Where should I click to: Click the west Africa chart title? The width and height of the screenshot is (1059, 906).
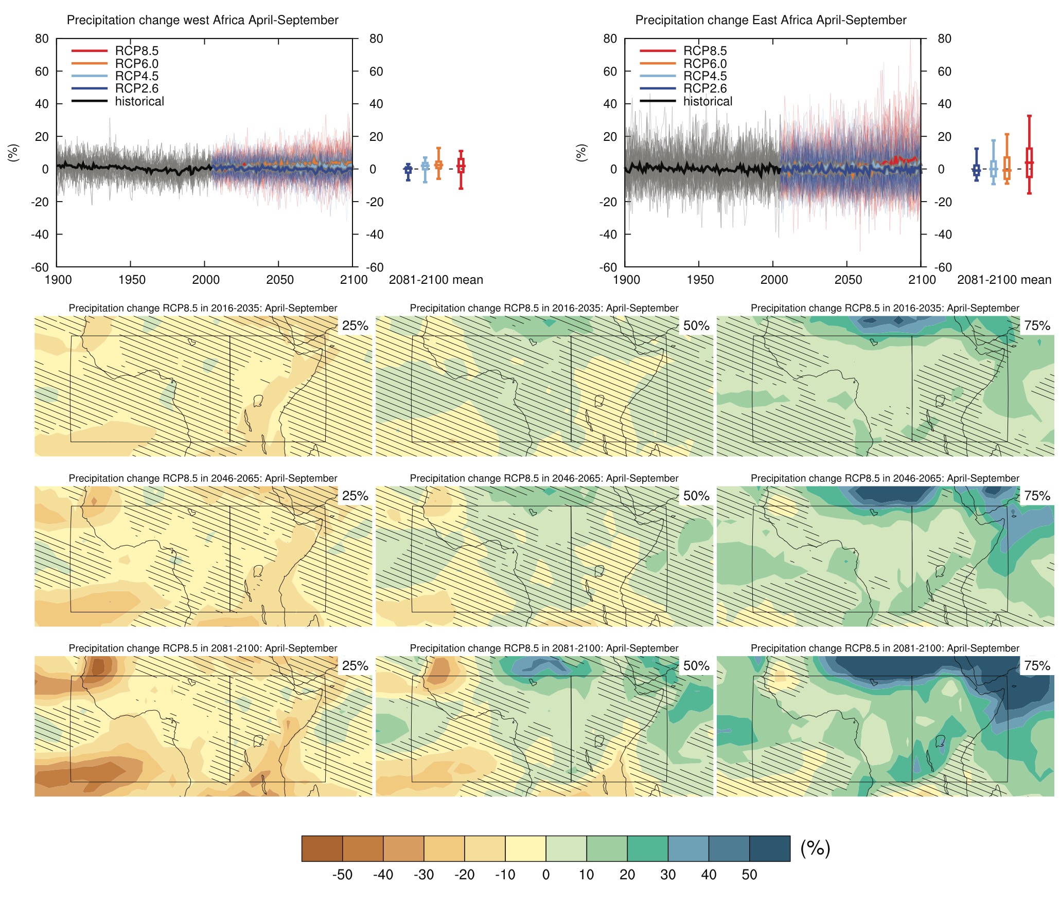tap(202, 20)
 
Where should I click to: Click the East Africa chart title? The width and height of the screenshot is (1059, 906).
tap(770, 20)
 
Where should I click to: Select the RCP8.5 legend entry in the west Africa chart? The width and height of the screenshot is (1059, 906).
tap(136, 51)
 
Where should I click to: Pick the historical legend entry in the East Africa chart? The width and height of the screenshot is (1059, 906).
tap(707, 101)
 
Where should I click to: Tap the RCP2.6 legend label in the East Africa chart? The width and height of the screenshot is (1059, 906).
tap(705, 88)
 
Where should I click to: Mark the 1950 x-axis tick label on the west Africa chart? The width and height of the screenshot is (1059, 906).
tap(132, 280)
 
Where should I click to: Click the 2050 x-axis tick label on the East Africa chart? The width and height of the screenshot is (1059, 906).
tap(848, 280)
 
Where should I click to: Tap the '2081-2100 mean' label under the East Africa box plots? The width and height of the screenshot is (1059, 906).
tap(1004, 280)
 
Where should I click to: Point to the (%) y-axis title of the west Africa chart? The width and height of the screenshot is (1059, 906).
tap(13, 153)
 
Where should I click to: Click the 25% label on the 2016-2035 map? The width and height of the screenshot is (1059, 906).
tap(355, 325)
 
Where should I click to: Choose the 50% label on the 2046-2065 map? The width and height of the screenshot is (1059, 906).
tap(696, 496)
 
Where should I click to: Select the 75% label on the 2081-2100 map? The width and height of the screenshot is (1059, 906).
tap(1037, 666)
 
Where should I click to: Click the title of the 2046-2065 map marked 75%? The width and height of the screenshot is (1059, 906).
tap(885, 478)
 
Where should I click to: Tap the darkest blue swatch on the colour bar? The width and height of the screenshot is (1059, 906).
tap(769, 848)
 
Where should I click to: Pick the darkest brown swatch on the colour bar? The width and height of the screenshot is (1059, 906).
tap(322, 848)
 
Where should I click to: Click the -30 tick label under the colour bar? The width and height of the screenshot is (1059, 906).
tap(423, 875)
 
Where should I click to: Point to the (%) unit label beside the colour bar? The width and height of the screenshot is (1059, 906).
tap(815, 848)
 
